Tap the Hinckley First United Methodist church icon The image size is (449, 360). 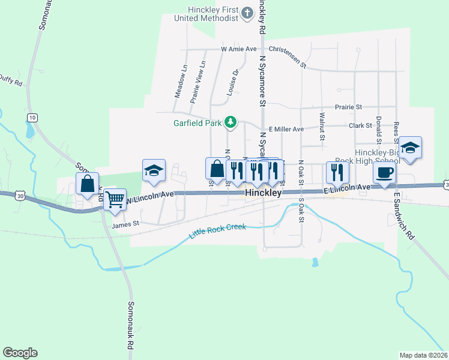point(247,13)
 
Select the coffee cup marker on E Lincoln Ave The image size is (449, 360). point(384,173)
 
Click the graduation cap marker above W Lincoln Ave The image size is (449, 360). point(153,170)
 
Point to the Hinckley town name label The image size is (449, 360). point(264,194)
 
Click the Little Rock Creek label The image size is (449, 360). point(217,232)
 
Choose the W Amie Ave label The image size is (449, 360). point(238,49)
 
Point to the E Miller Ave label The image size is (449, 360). point(286,129)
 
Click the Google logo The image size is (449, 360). point(20,353)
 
